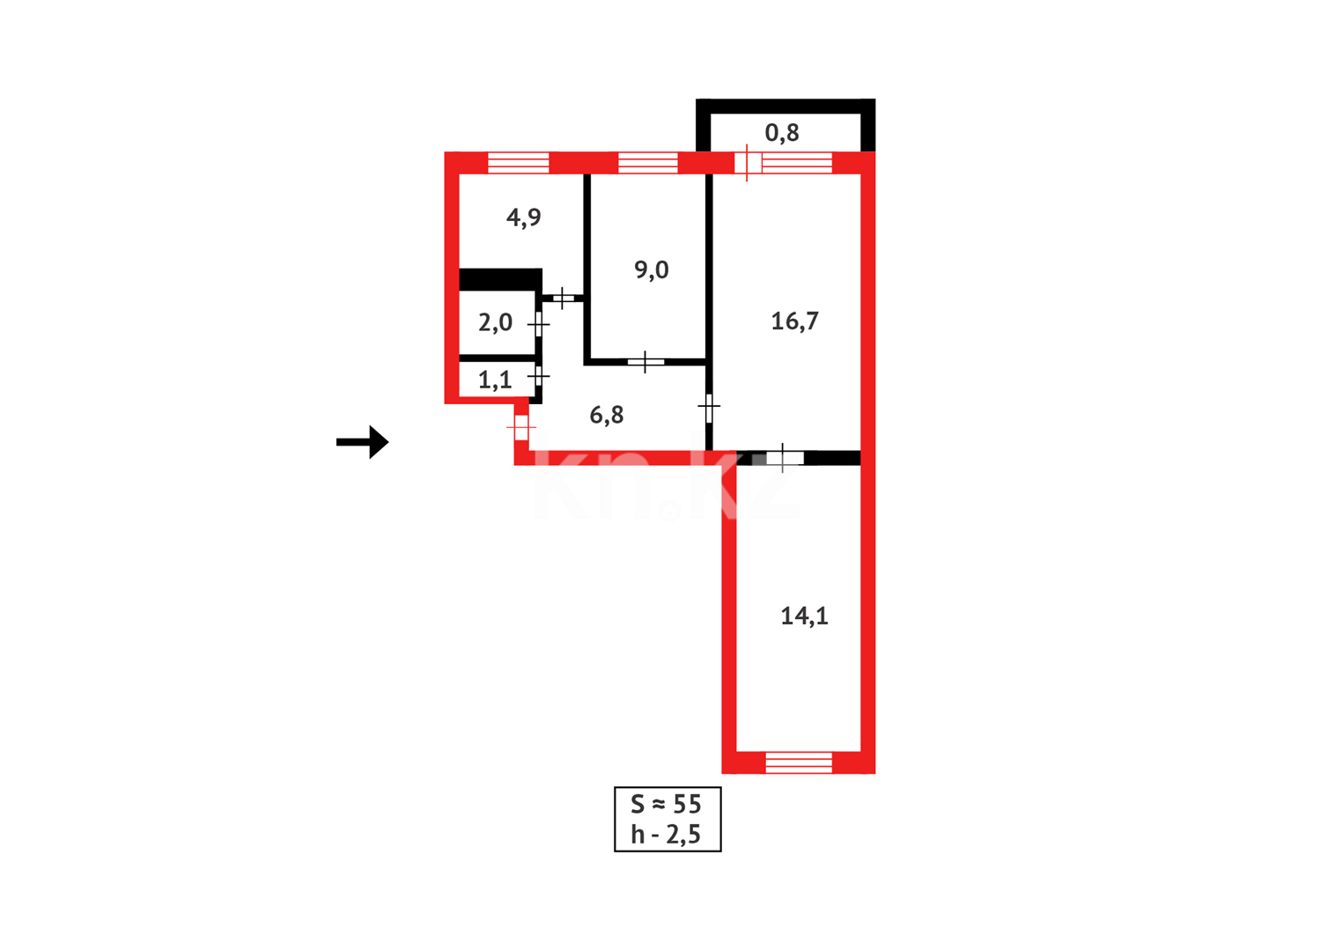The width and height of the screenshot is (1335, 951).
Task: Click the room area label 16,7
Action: (794, 321)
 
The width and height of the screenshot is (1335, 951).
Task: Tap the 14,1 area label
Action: (804, 616)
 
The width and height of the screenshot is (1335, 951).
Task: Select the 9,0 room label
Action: (652, 269)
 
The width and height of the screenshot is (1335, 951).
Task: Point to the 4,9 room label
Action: (524, 217)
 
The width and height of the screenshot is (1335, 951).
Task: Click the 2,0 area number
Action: (495, 322)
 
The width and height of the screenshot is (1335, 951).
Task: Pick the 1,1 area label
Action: (495, 380)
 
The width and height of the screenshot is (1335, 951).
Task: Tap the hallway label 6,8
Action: (607, 415)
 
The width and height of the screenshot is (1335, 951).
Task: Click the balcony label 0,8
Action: (782, 133)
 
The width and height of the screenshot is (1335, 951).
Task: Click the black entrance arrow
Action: (363, 442)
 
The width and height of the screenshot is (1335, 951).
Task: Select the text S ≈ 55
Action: (667, 804)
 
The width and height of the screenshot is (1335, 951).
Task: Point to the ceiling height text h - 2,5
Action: (667, 834)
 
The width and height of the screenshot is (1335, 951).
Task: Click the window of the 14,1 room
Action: (798, 763)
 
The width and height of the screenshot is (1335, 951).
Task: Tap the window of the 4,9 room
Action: (519, 163)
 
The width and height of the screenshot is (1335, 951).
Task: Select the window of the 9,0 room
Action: (648, 163)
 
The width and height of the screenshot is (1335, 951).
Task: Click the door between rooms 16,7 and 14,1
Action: (784, 458)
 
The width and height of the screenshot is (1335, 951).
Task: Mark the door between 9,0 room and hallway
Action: (645, 361)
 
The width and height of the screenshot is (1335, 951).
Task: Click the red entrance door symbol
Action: (521, 428)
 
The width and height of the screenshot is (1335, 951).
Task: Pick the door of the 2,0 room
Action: (538, 324)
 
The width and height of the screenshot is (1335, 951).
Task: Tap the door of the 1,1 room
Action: (538, 376)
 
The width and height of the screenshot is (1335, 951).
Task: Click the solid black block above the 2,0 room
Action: (500, 279)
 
